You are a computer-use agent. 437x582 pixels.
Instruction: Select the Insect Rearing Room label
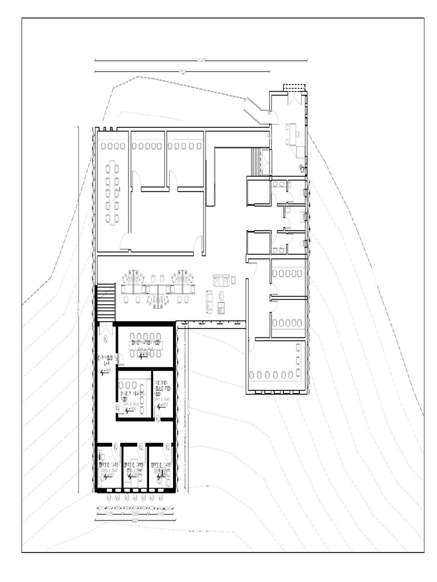point(130,393)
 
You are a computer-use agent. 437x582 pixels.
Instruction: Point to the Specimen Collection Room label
point(163,391)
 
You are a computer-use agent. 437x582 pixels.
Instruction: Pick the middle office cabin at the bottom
point(135,467)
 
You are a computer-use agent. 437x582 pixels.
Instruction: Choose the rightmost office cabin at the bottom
point(161,467)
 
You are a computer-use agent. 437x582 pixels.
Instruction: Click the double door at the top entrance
point(295,98)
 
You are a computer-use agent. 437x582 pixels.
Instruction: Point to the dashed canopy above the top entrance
point(294,87)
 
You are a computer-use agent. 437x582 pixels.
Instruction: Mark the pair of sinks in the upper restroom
point(279,184)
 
